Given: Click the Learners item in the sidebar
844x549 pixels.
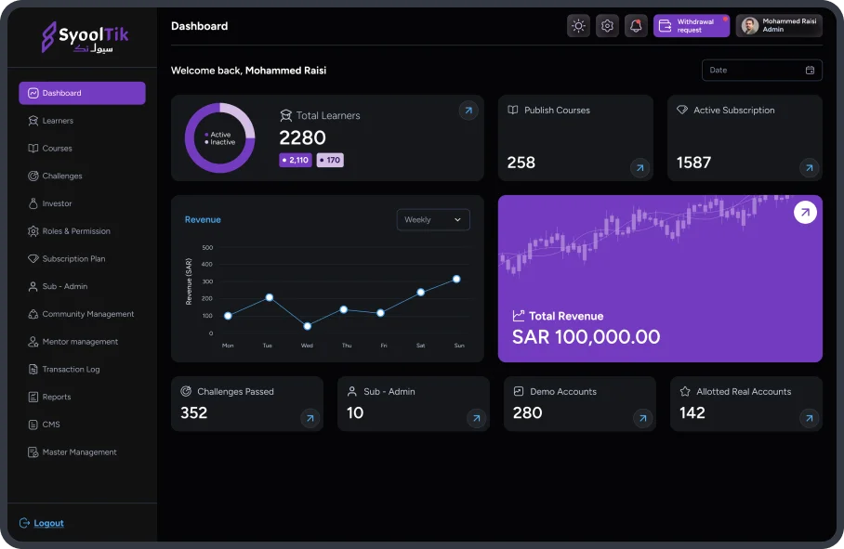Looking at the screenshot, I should (x=58, y=121).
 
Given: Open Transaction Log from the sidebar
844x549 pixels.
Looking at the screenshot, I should (x=71, y=370).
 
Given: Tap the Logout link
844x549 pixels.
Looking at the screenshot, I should (x=48, y=523).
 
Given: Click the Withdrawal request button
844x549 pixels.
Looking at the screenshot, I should (x=691, y=26).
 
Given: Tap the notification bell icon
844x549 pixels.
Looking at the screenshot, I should (x=636, y=26).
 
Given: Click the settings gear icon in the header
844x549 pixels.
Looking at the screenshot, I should (x=607, y=26).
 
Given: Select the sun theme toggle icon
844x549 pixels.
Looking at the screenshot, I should (x=578, y=26).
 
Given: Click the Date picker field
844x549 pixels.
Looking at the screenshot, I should (x=761, y=71).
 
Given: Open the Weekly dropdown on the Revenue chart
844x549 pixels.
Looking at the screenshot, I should (x=433, y=220).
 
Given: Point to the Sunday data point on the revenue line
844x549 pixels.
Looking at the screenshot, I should (x=456, y=279).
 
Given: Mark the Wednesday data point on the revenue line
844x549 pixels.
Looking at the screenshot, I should (x=307, y=326).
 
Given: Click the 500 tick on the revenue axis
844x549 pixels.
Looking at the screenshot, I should (x=207, y=248).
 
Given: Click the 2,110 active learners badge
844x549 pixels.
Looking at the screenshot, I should (x=295, y=160).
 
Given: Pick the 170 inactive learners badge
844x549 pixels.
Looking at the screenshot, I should (x=330, y=160).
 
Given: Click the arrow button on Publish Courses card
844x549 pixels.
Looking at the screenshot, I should (x=640, y=168).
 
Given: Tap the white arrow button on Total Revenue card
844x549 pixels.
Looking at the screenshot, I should (x=805, y=213).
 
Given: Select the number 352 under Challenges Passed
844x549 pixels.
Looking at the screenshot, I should (x=194, y=413).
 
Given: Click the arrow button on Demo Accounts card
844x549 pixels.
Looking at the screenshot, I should (x=642, y=419).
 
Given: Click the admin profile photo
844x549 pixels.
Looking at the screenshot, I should (x=749, y=26).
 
